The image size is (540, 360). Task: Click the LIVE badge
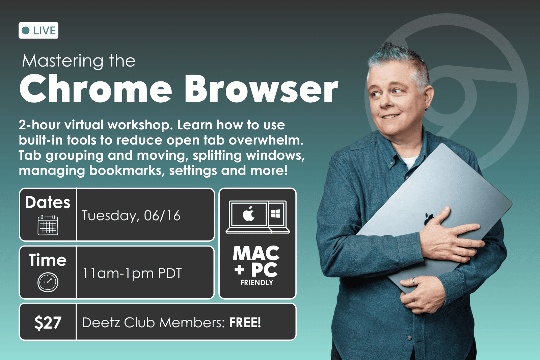pyautogui.click(x=38, y=30)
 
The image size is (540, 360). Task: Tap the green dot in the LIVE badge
pyautogui.click(x=26, y=31)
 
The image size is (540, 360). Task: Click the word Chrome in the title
pyautogui.click(x=96, y=88)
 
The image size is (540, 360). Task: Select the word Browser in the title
pyautogui.click(x=261, y=88)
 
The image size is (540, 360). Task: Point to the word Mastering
pyautogui.click(x=63, y=61)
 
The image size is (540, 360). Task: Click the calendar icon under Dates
pyautogui.click(x=48, y=225)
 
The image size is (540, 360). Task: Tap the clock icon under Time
pyautogui.click(x=48, y=282)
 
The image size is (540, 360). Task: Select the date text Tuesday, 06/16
pyautogui.click(x=131, y=215)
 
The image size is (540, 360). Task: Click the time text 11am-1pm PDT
pyautogui.click(x=132, y=273)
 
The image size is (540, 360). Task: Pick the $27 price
pyautogui.click(x=48, y=323)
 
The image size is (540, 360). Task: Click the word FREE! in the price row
pyautogui.click(x=245, y=323)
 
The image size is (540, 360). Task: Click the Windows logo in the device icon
pyautogui.click(x=275, y=213)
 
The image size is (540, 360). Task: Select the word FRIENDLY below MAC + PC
pyautogui.click(x=257, y=283)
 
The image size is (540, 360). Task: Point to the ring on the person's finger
pyautogui.click(x=413, y=281)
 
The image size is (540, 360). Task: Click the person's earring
pyautogui.click(x=426, y=108)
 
